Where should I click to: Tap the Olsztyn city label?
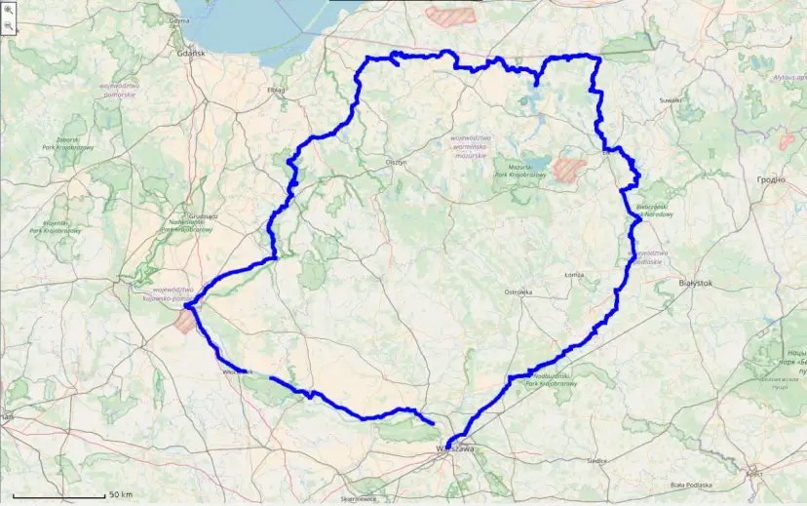pos(396,163)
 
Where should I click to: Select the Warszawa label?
pos(454,449)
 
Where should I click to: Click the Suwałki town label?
pos(670,99)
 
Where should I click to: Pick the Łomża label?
pos(575,275)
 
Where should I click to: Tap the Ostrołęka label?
pos(518,292)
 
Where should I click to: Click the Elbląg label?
pos(275,90)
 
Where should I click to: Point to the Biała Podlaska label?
pos(690,484)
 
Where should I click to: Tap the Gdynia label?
pos(179,19)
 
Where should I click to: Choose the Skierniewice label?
pos(360,498)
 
